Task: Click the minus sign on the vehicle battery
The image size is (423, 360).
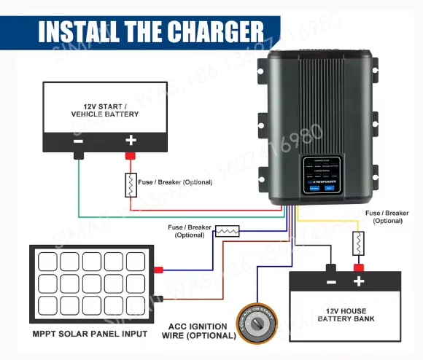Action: click(x=78, y=140)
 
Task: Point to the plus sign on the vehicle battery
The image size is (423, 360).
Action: click(x=131, y=140)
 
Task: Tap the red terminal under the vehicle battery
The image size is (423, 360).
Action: click(x=131, y=155)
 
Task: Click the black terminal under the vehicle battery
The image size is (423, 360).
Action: click(x=78, y=155)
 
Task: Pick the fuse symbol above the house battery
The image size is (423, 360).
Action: click(x=358, y=242)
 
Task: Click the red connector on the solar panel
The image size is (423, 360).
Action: click(x=158, y=270)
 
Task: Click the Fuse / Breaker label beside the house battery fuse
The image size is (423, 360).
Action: click(x=387, y=216)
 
